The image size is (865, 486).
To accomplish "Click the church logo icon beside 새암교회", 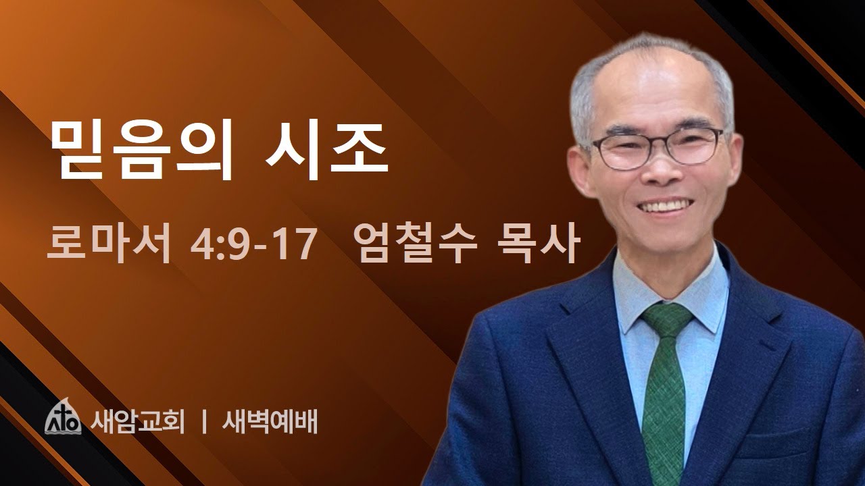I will tap(64, 420).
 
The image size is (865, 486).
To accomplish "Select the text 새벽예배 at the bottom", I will tap(270, 421).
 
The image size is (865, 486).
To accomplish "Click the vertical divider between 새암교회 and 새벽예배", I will tap(203, 421).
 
